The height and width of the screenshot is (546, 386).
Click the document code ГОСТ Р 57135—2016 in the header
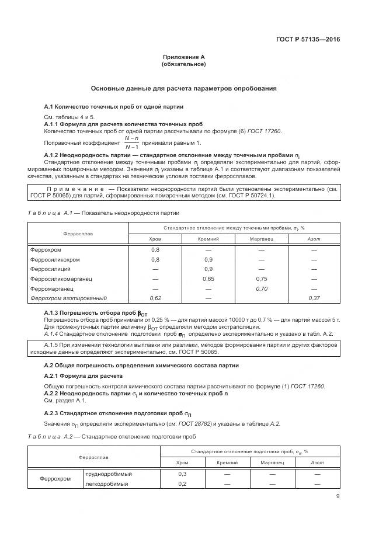tap(308, 40)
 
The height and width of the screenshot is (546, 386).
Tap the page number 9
tap(338, 496)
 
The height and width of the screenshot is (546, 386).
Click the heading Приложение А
tap(183, 57)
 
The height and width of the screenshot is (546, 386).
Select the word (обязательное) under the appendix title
tap(183, 64)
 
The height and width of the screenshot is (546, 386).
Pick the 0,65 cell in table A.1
tap(208, 279)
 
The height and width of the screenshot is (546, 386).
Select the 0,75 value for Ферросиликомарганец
tap(261, 279)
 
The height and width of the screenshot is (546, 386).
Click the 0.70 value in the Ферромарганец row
tap(261, 288)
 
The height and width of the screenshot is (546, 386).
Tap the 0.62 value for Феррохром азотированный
tap(155, 298)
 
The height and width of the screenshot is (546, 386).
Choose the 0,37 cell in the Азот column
tap(314, 298)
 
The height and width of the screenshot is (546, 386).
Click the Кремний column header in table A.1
tap(208, 239)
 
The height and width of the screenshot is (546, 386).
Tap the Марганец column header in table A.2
tap(272, 462)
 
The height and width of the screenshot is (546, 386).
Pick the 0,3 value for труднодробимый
tap(182, 474)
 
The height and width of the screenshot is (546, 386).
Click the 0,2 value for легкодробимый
tap(182, 484)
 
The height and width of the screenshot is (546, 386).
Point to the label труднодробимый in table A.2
tap(109, 474)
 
